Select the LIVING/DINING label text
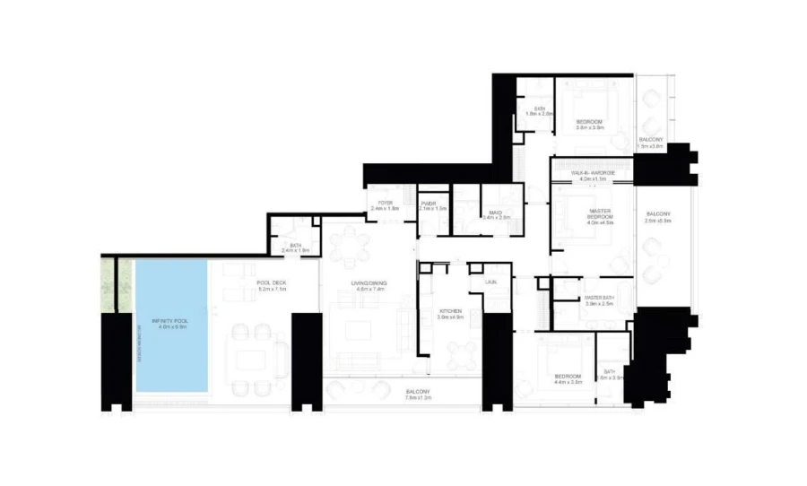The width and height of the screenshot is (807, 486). click(x=369, y=283)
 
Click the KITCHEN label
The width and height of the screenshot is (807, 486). click(x=449, y=311)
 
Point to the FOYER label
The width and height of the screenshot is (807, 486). click(x=386, y=204)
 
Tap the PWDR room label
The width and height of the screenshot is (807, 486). click(x=433, y=204)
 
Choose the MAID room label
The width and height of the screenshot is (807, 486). click(x=495, y=212)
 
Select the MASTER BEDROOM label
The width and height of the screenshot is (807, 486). click(x=599, y=214)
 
